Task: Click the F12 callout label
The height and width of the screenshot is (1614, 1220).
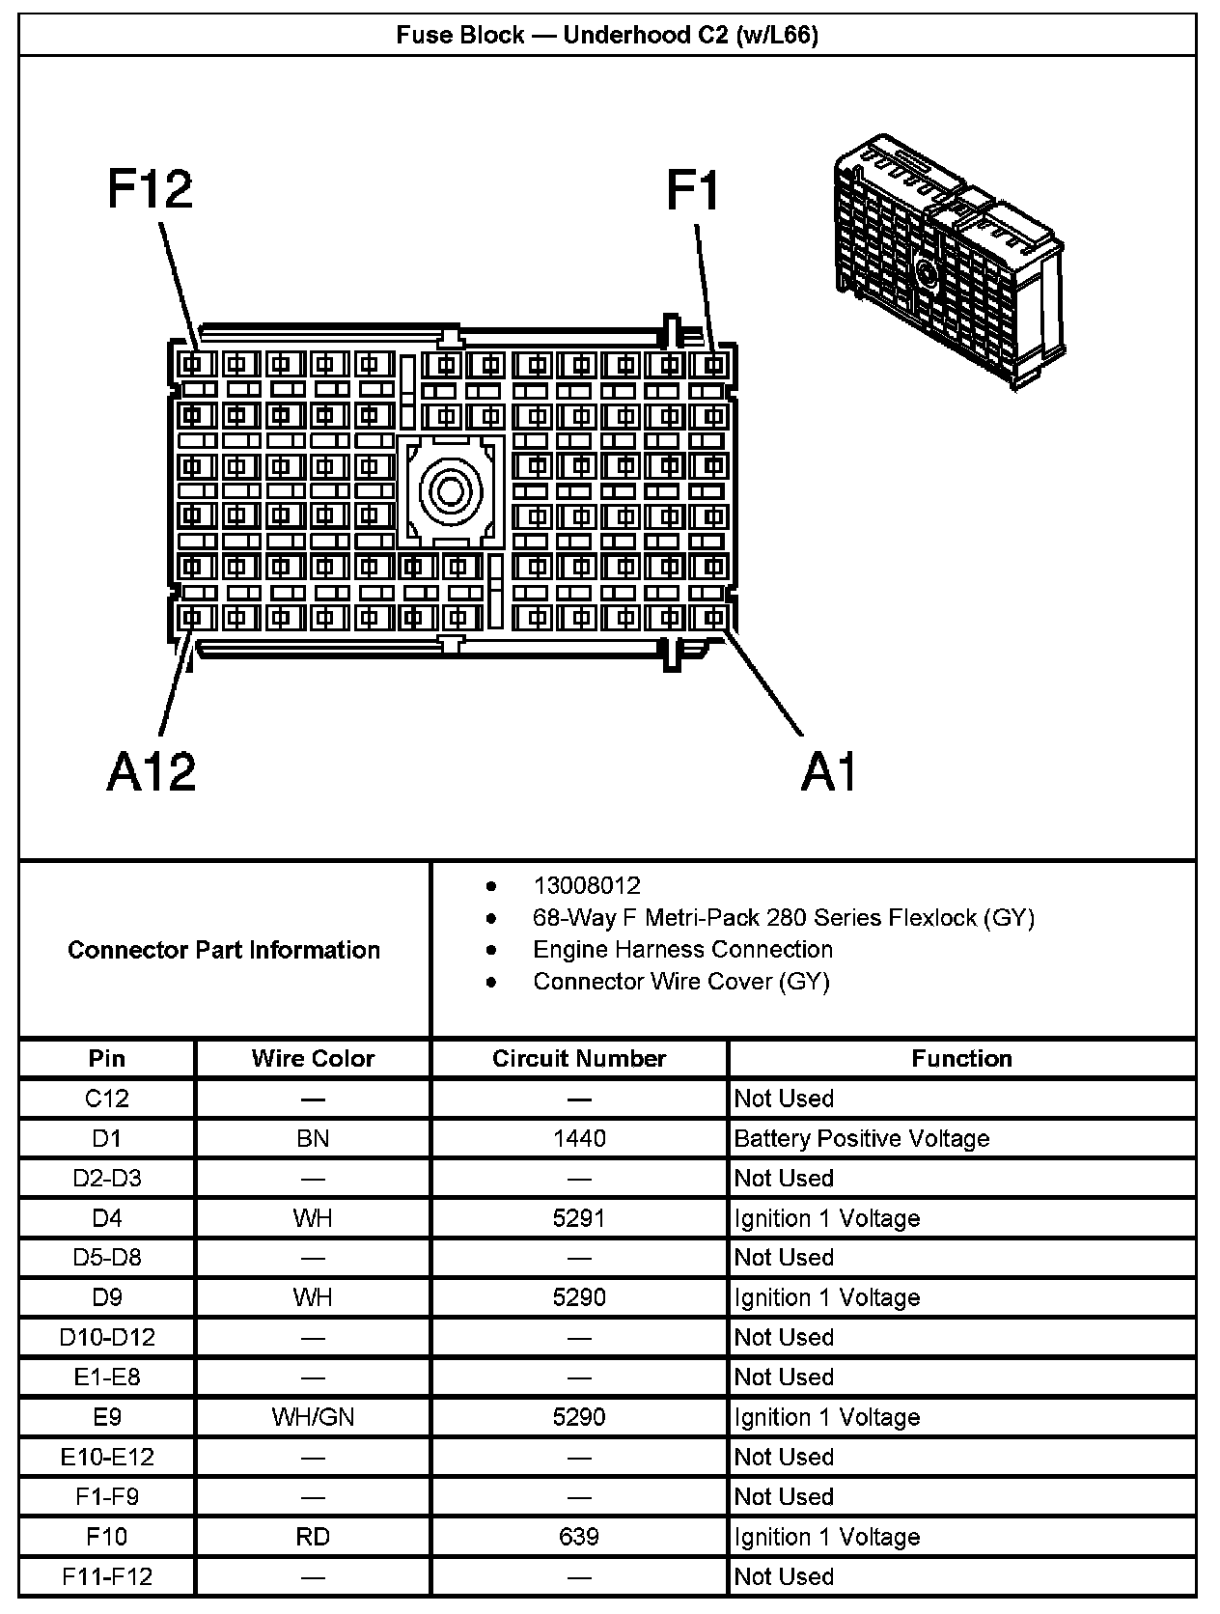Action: (150, 189)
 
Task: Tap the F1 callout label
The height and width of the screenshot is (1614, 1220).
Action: (692, 189)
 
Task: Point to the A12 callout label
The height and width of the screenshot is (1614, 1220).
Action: (152, 771)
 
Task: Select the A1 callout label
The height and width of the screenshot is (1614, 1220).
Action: (829, 771)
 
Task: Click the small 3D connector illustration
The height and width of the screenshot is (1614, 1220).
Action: (949, 261)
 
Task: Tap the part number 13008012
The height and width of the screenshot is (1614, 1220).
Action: (587, 885)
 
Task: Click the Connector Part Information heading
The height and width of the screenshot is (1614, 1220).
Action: (224, 950)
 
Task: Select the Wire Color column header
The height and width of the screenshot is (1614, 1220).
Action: (313, 1058)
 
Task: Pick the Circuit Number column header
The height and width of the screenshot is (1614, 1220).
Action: (579, 1058)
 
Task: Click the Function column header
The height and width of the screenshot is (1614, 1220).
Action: (961, 1058)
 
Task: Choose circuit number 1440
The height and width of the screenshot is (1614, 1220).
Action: (579, 1138)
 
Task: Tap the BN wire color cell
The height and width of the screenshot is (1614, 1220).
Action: (313, 1138)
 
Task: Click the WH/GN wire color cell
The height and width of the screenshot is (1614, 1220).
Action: (313, 1417)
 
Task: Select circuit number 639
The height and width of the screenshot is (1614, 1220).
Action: (579, 1537)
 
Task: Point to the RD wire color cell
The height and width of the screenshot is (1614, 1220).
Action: (313, 1537)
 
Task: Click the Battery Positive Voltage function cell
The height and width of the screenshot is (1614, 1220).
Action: (862, 1138)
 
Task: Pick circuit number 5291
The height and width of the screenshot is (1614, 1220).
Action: (579, 1218)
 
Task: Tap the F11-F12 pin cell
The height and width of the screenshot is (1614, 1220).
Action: (107, 1576)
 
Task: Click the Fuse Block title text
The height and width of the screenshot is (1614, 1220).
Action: (607, 36)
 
